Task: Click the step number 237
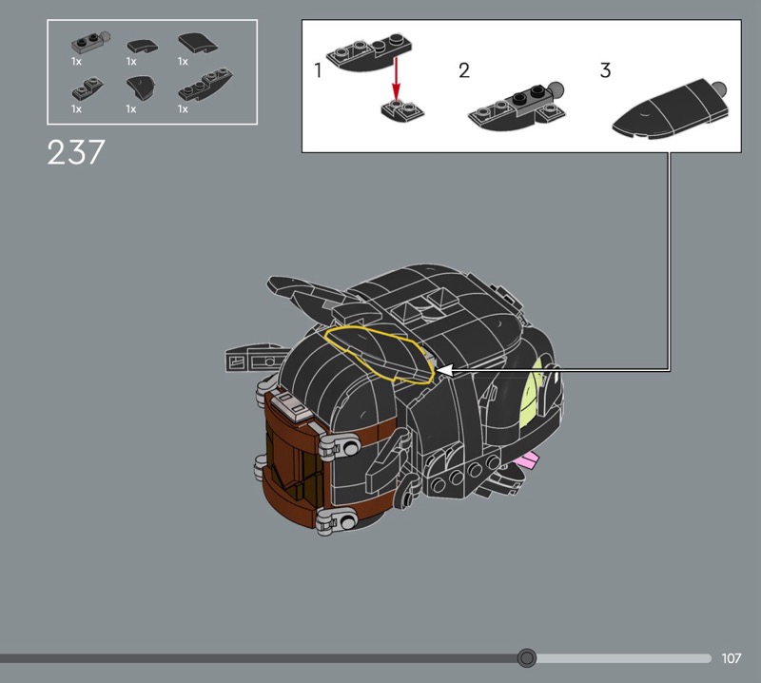76,152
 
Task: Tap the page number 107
731,658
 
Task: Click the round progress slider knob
527,658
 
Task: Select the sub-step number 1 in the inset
318,70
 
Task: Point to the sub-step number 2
464,70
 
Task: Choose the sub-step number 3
605,70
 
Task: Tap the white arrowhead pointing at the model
445,371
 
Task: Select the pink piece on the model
528,459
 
